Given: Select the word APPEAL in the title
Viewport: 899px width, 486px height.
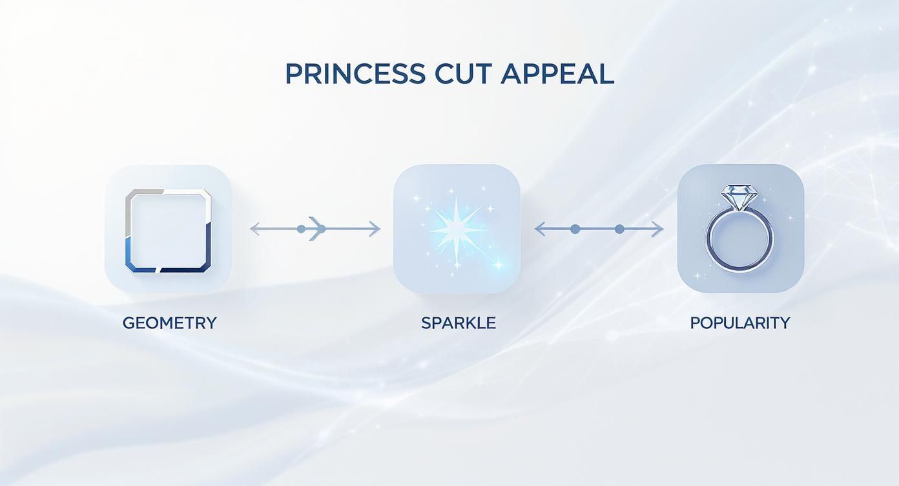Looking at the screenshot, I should pyautogui.click(x=557, y=74).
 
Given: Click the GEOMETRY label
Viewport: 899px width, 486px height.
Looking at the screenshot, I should pyautogui.click(x=169, y=323).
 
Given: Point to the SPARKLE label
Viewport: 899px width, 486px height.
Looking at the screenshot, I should pyautogui.click(x=459, y=323).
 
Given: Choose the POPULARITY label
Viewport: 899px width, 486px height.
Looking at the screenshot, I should pyautogui.click(x=740, y=323).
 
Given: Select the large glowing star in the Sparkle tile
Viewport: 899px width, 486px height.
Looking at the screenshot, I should pyautogui.click(x=458, y=227).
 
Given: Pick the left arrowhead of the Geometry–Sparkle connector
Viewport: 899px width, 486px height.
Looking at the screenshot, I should pyautogui.click(x=254, y=229).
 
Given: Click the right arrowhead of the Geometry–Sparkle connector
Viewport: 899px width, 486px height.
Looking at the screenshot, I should pyautogui.click(x=375, y=229).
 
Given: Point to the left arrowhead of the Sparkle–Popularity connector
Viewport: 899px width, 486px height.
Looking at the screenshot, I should pyautogui.click(x=539, y=229).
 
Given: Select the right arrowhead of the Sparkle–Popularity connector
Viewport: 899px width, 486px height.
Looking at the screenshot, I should pyautogui.click(x=659, y=229).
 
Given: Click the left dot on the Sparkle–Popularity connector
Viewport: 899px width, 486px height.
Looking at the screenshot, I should pyautogui.click(x=574, y=229).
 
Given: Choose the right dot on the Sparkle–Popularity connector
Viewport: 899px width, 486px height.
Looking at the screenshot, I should pyautogui.click(x=619, y=229).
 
